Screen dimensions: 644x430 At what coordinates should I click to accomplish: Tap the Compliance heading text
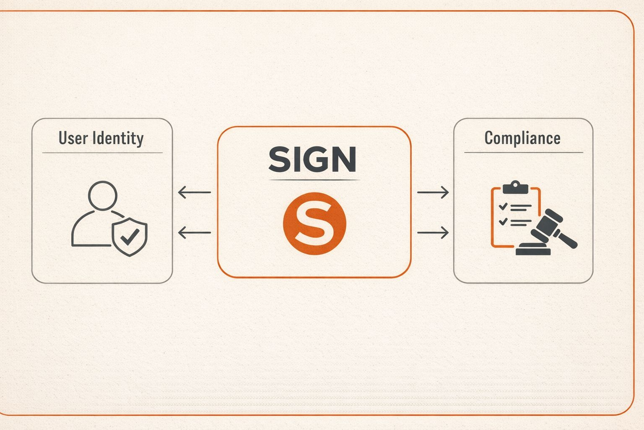522,138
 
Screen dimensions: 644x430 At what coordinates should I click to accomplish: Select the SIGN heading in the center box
313,160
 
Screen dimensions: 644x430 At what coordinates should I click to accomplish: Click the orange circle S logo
314,223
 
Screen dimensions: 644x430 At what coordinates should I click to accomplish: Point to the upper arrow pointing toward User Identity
194,192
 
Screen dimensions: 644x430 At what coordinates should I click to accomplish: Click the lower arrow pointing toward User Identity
194,232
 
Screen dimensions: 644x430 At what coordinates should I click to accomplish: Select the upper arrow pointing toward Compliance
433,192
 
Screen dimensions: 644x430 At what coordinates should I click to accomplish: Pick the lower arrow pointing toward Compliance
433,232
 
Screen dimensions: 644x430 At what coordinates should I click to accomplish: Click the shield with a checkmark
130,237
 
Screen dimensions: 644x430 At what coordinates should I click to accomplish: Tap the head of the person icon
103,196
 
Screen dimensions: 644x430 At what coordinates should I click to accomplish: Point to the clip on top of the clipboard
515,187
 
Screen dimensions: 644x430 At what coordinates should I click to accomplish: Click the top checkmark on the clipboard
503,206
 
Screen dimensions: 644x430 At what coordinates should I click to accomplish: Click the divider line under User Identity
102,153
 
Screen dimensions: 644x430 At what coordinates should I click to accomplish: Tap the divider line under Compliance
523,152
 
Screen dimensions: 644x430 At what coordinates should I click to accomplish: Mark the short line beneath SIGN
314,180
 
